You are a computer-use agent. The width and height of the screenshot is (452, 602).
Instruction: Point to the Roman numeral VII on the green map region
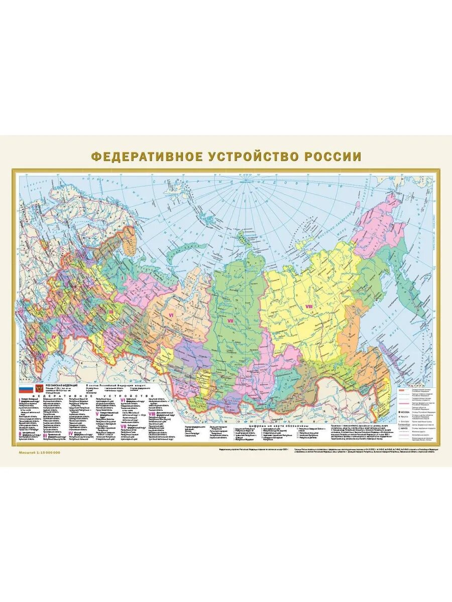[x=231, y=321]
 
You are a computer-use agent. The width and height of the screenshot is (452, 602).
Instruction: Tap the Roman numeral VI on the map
[x=171, y=315]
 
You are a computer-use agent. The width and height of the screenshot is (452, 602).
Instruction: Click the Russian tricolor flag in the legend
[x=25, y=389]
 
